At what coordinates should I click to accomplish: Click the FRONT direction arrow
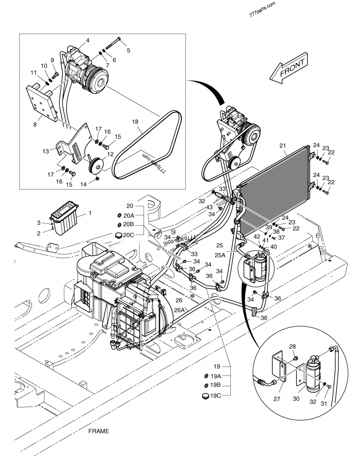pos(288,70)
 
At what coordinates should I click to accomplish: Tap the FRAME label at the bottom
pos(99,431)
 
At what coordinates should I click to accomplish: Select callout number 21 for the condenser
pos(283,145)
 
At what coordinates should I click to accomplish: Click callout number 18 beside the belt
pos(135,122)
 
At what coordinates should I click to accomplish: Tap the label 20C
pos(129,235)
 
